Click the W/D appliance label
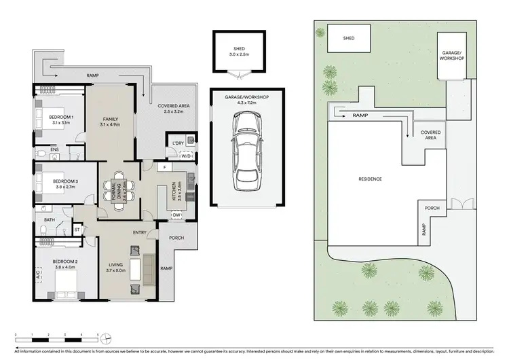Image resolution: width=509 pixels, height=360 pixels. click(185, 156)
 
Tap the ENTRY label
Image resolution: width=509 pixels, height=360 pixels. click(140, 233)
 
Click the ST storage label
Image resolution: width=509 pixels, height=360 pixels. click(77, 230)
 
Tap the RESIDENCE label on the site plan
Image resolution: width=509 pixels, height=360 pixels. click(371, 179)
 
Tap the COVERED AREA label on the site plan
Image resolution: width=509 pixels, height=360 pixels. click(431, 134)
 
